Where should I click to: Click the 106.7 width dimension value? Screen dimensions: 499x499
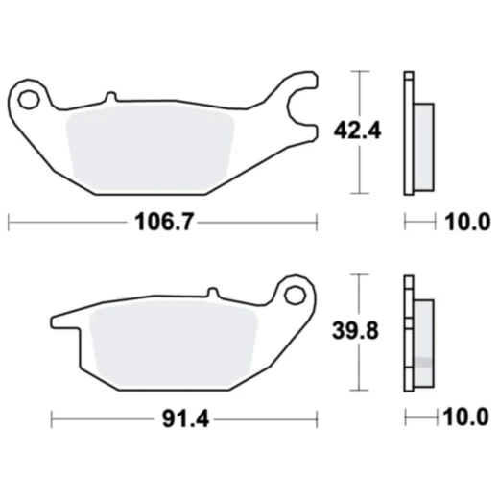tap(162, 224)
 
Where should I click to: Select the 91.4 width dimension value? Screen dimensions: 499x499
tap(182, 419)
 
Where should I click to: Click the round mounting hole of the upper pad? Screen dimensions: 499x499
tap(30, 98)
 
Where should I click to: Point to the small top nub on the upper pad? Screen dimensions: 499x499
tap(111, 96)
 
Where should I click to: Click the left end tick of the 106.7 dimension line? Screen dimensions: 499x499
tap(9, 223)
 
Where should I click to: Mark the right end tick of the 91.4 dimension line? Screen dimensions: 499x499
tap(316, 419)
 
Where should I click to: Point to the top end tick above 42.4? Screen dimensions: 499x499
tap(360, 73)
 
